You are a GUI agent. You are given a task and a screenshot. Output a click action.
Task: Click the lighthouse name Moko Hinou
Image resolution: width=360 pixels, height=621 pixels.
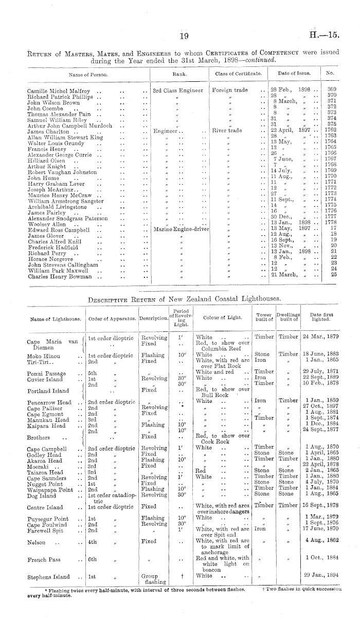tap(43, 356)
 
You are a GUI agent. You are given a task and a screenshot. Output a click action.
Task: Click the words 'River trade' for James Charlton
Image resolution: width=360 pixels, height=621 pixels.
tap(227, 131)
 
